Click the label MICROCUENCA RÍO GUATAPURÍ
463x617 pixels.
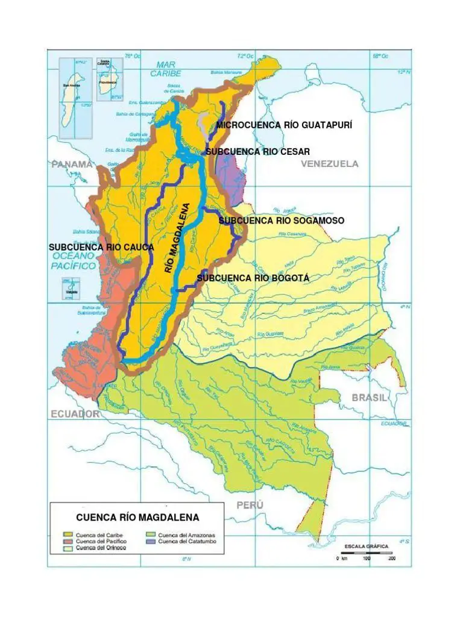coord(284,125)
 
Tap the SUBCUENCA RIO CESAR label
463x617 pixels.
coord(257,152)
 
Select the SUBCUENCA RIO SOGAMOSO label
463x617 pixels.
coord(282,221)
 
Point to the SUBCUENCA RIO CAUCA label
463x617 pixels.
coord(101,247)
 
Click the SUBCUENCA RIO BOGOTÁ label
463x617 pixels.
coord(253,278)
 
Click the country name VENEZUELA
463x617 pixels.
coord(330,164)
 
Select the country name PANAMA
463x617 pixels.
coord(72,164)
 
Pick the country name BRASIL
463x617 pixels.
coord(370,398)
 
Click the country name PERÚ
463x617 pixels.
coord(250,505)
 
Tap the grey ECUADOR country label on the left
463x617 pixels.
coord(75,414)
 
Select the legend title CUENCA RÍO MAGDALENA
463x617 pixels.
coord(137,518)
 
